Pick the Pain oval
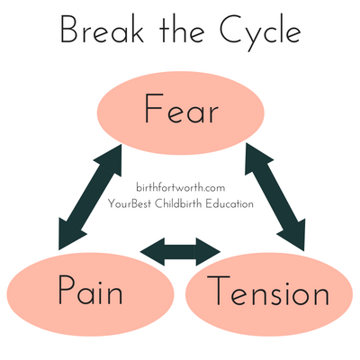pyautogui.click(x=86, y=292)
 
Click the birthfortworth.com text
pyautogui.click(x=181, y=186)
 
